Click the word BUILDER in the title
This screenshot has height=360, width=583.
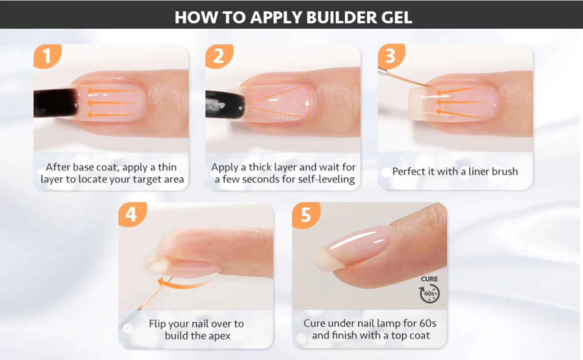pyautogui.click(x=341, y=17)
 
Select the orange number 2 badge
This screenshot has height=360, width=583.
pyautogui.click(x=219, y=56)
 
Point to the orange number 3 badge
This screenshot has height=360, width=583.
pyautogui.click(x=391, y=56)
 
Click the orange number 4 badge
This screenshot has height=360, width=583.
pyautogui.click(x=132, y=215)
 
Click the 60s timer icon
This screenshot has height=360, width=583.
pyautogui.click(x=429, y=293)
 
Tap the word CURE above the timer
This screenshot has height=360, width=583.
pyautogui.click(x=429, y=279)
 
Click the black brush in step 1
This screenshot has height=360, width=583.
pyautogui.click(x=56, y=103)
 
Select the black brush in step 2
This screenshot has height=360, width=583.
pyautogui.click(x=225, y=104)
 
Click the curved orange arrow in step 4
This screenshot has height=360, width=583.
pyautogui.click(x=184, y=284)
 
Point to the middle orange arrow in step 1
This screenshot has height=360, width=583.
pyautogui.click(x=112, y=103)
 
